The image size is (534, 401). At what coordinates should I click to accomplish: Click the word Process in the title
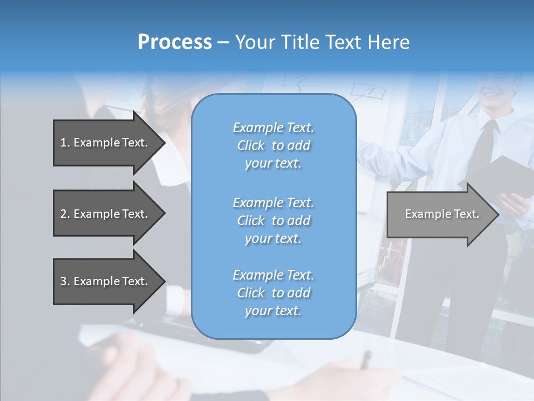tap(175, 42)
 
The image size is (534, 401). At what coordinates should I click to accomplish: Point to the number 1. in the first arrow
tap(65, 143)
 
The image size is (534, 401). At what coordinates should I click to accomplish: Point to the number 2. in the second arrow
tap(65, 214)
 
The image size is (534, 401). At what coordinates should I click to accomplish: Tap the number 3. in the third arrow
tap(65, 281)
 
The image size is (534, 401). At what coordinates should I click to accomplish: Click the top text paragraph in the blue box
tap(273, 145)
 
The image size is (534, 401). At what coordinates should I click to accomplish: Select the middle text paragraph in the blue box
tap(273, 221)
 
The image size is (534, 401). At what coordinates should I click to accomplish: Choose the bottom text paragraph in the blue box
tap(273, 293)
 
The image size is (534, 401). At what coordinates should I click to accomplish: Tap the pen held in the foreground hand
tap(365, 359)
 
